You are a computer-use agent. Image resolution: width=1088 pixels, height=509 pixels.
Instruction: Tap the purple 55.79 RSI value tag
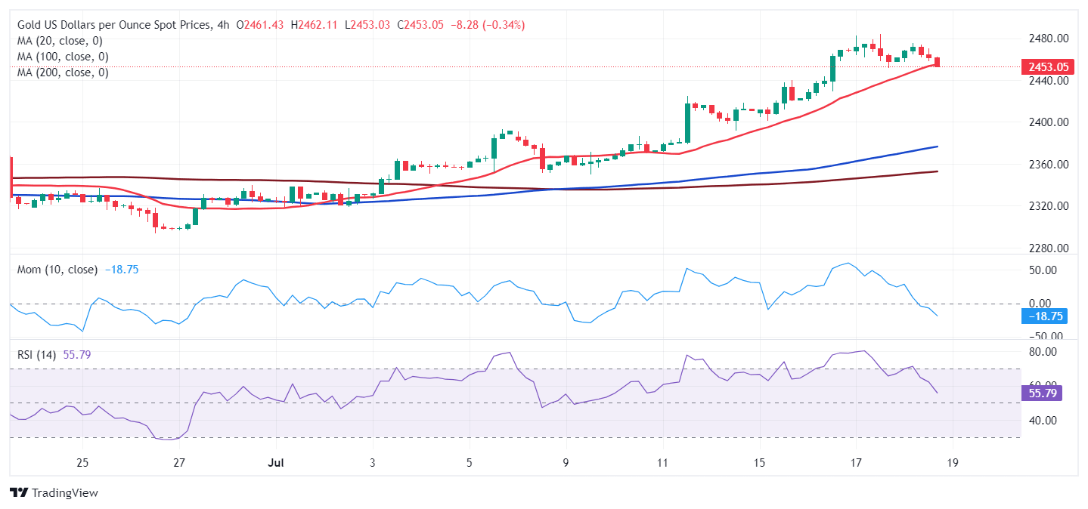(1043, 393)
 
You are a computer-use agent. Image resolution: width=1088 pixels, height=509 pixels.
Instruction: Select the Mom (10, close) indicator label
(57, 270)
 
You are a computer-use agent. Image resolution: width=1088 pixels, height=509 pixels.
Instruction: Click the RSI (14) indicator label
(36, 354)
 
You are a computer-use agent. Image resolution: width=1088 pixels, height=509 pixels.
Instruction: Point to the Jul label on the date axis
(275, 463)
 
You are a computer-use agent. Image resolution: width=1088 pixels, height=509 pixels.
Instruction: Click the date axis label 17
(856, 463)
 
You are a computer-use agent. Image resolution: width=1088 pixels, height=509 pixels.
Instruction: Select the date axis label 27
(179, 463)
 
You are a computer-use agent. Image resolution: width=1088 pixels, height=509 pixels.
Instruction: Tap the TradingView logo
(54, 493)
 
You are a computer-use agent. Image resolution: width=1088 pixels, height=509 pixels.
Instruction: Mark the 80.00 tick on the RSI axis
(1043, 352)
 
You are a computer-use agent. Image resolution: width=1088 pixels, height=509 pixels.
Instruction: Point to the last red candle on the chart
(938, 62)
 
